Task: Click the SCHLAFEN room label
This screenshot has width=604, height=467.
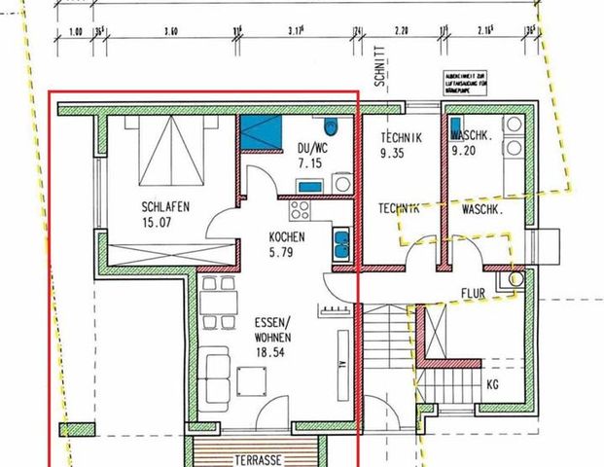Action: [x=163, y=206]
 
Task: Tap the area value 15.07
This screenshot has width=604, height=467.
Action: [x=157, y=223]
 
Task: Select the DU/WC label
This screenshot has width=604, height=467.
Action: [x=313, y=147]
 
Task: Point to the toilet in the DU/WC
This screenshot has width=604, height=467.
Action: [x=332, y=126]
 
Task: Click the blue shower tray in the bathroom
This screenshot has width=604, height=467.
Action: [x=259, y=131]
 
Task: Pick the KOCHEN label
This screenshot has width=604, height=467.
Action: [x=287, y=236]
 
